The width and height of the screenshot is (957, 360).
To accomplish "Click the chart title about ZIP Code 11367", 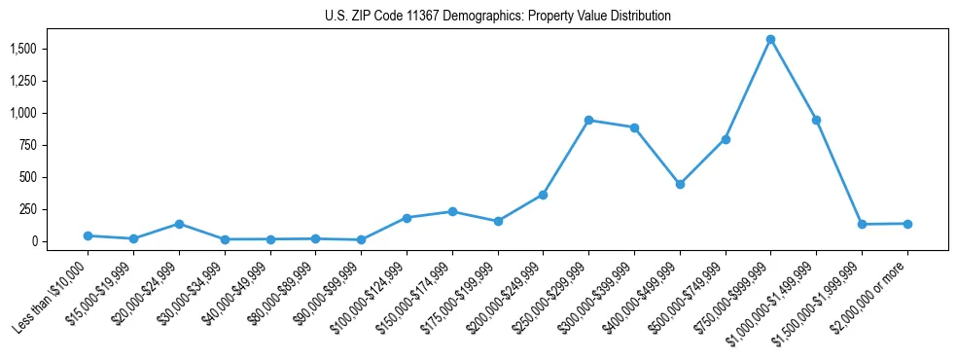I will [x=498, y=16].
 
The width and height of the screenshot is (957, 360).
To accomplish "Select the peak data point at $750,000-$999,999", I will [x=770, y=40].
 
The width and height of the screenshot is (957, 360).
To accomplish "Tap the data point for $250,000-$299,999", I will [x=588, y=121].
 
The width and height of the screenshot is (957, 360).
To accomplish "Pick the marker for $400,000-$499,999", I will [x=680, y=184].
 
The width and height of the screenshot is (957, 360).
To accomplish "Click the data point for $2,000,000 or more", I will [x=907, y=224].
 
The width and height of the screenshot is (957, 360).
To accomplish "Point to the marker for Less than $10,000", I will [x=88, y=235].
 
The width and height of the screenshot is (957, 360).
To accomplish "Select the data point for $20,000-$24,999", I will [x=179, y=224].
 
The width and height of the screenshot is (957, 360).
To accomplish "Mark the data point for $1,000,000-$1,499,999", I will [x=816, y=121].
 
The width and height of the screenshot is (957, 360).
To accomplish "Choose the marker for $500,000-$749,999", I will [x=726, y=139].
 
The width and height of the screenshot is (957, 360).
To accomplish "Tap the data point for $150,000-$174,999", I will [x=452, y=211].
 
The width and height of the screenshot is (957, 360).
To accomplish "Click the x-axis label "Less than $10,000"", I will [x=53, y=296].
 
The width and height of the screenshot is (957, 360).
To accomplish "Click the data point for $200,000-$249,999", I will [x=543, y=196].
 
